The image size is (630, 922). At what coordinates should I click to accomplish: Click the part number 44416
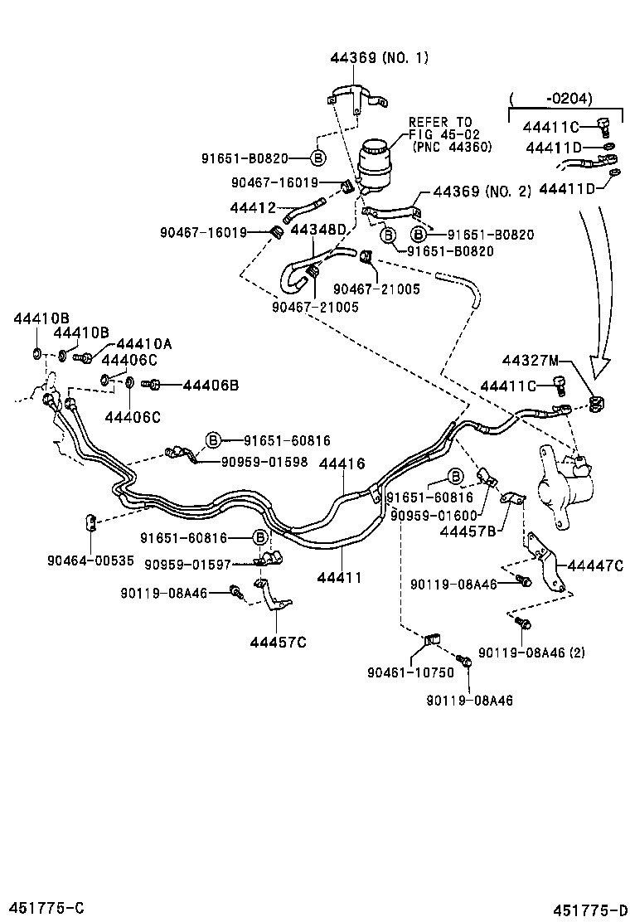[341, 465]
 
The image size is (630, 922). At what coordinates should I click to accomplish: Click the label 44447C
[594, 565]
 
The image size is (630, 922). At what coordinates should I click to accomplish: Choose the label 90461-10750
[410, 672]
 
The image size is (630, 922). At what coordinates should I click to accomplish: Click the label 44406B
[211, 385]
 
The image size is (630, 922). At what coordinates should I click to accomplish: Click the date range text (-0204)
[550, 99]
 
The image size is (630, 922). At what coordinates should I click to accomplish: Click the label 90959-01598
[264, 462]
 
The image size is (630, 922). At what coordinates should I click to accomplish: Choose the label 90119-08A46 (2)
[531, 652]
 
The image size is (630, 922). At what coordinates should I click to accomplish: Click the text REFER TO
[440, 122]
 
